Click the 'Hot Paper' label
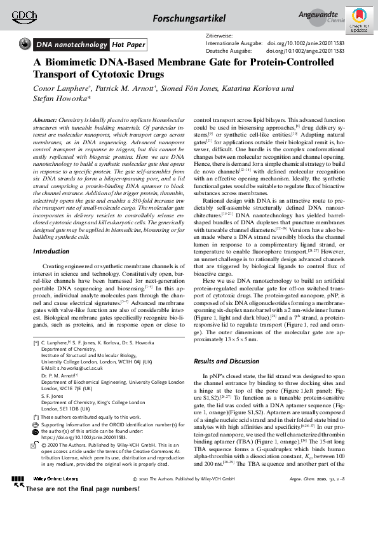pos(128,44)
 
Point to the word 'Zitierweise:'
pos(220,36)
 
